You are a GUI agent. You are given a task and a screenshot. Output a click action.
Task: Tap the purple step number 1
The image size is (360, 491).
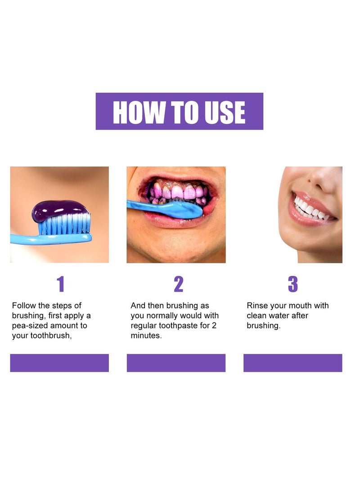[60, 284]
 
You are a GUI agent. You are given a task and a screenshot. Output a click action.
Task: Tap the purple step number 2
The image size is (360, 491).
[178, 284]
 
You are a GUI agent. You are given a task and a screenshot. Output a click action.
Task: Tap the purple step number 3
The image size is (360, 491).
[293, 284]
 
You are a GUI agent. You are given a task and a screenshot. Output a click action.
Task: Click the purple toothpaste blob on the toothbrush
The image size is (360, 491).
[60, 209]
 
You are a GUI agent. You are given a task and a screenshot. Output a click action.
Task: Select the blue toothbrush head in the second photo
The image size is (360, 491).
[180, 210]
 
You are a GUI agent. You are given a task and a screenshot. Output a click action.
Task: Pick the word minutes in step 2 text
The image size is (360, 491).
[146, 335]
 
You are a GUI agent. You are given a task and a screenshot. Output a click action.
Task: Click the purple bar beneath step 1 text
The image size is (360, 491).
[59, 363]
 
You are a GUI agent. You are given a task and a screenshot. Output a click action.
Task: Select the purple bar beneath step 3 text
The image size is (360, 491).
[292, 363]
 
